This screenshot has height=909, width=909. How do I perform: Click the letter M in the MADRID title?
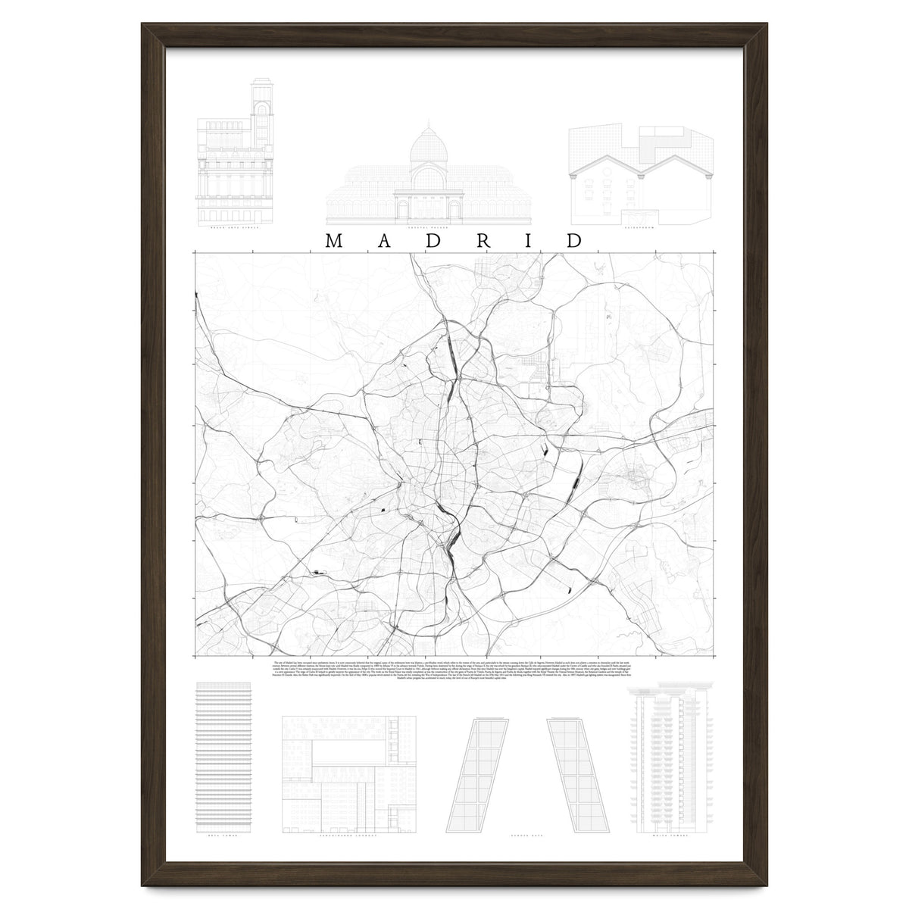click(x=334, y=241)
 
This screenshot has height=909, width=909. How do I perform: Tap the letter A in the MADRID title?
click(x=384, y=241)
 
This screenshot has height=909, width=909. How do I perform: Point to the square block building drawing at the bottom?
click(x=339, y=773)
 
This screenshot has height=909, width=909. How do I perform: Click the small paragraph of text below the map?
click(x=454, y=671)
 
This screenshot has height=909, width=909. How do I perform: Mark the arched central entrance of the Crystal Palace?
click(x=429, y=207)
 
